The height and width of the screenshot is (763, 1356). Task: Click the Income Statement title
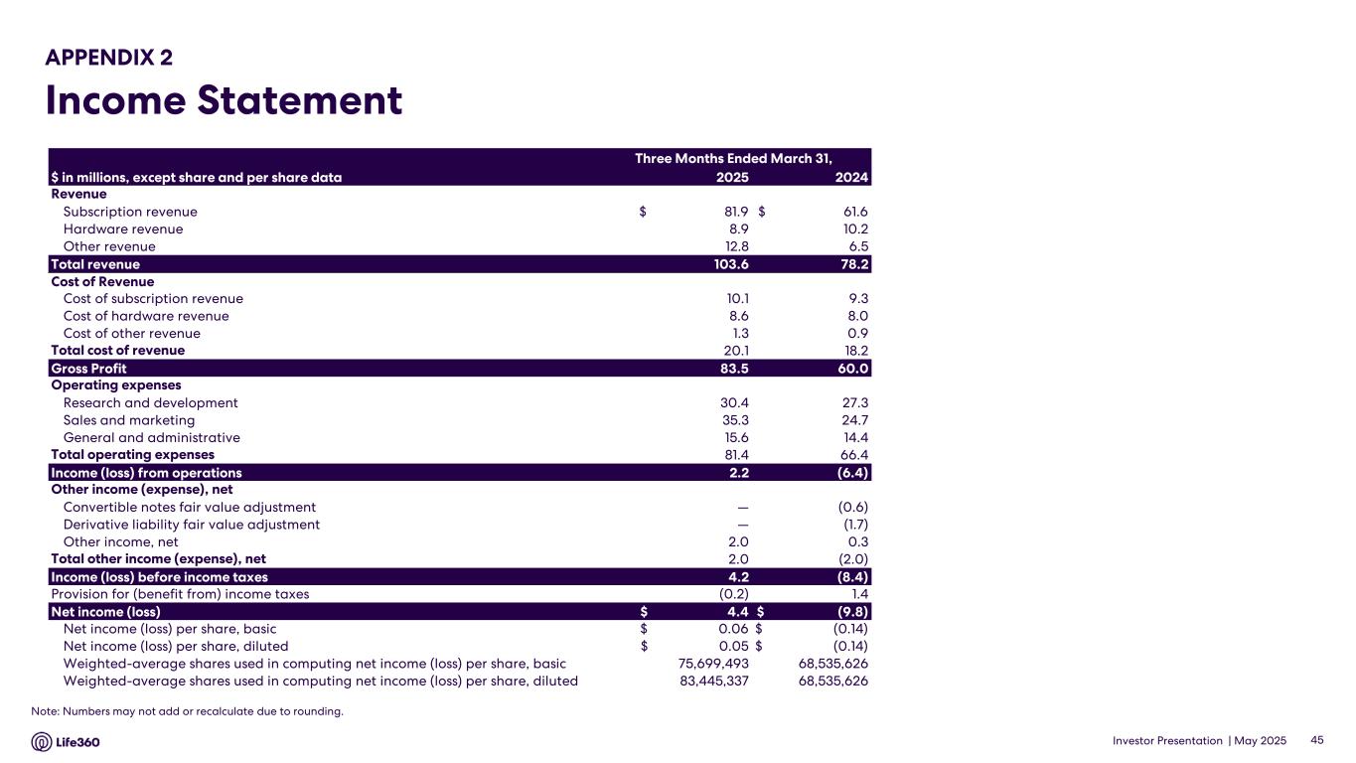[x=224, y=101]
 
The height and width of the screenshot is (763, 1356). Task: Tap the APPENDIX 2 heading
[x=109, y=58]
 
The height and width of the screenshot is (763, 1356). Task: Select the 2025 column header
[x=732, y=178]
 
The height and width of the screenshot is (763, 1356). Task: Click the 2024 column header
[x=851, y=178]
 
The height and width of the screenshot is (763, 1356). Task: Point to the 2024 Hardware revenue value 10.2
[x=852, y=229]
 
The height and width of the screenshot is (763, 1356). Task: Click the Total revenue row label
[x=95, y=264]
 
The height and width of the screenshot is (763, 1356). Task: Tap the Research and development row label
[x=150, y=403]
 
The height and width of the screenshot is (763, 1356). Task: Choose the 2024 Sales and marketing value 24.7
[x=852, y=420]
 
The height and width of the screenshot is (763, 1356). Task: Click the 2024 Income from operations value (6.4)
[x=852, y=473]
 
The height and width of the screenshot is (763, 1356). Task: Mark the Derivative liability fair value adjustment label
[x=191, y=525]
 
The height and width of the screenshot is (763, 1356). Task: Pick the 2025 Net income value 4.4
[x=737, y=612]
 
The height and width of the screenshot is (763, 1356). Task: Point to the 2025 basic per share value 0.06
[x=733, y=629]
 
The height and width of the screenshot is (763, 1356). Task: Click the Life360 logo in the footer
[x=66, y=742]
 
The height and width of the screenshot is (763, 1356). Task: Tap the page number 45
[x=1318, y=741]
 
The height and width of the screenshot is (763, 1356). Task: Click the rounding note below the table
[x=187, y=711]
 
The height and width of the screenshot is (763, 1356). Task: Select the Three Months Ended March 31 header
[x=733, y=159]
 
